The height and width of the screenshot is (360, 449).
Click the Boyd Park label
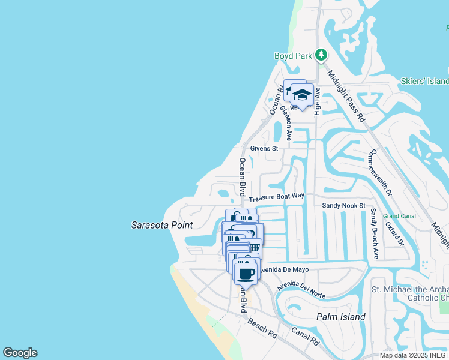coord(294,56)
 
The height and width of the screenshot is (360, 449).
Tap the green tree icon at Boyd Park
coord(321,55)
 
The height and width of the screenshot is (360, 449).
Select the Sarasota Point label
coord(162,225)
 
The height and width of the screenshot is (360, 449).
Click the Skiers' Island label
coord(425,81)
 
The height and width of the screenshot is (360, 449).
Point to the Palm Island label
coord(341,317)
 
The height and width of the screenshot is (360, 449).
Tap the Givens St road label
coord(264,148)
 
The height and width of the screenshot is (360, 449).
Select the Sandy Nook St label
coord(343,205)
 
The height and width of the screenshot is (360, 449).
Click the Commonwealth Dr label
coord(379,174)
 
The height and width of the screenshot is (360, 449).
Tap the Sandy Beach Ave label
coord(373,234)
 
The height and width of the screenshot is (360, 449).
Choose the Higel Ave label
coord(318,101)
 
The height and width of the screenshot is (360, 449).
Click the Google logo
coord(20,353)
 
